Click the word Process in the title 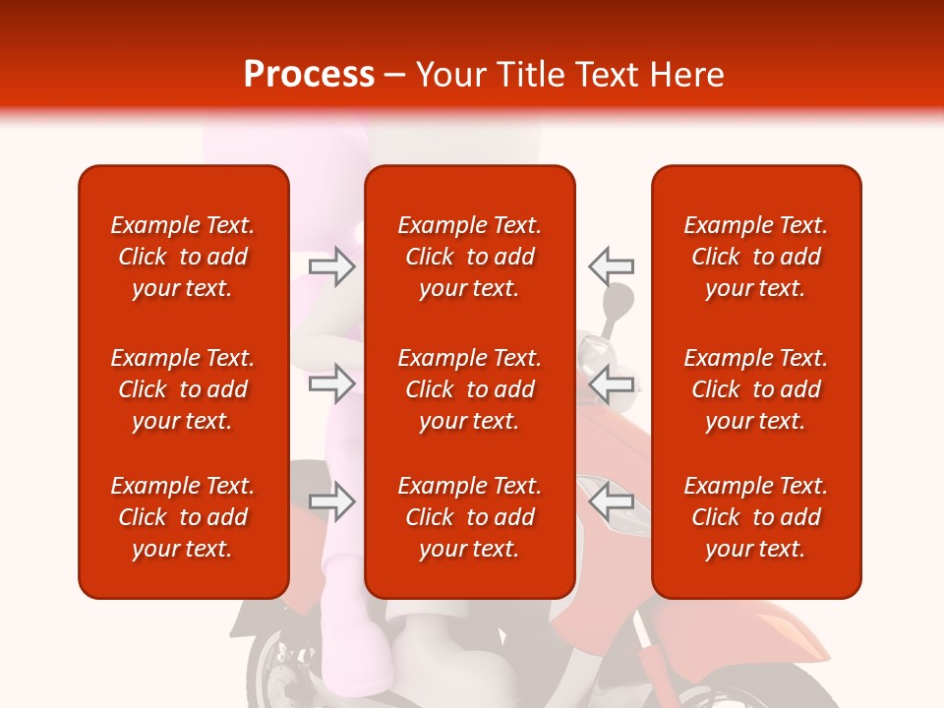click(309, 75)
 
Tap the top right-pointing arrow click(331, 266)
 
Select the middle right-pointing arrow click(331, 383)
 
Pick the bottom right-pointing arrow click(331, 502)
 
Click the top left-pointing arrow click(612, 265)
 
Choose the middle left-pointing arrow click(612, 383)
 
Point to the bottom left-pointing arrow click(612, 502)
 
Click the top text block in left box click(183, 257)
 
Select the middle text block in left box click(183, 389)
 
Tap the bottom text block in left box click(183, 517)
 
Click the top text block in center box click(470, 257)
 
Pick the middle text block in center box click(470, 389)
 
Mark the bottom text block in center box click(470, 517)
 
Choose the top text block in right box click(756, 257)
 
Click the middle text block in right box click(756, 389)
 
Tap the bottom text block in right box click(756, 517)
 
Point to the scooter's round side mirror click(618, 299)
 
